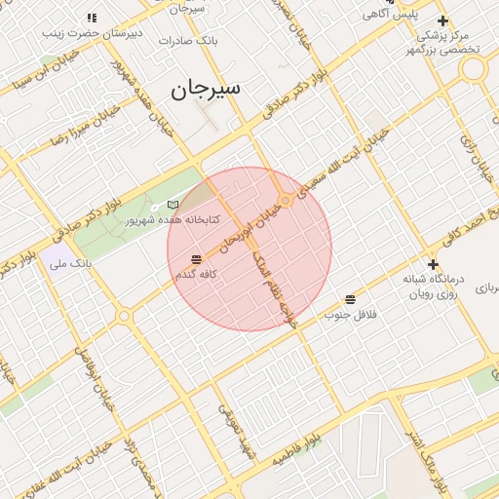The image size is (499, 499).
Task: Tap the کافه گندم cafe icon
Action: coord(197,259)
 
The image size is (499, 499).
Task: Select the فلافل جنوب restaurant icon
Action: coord(350,298)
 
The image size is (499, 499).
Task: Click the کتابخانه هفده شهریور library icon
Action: coord(173,205)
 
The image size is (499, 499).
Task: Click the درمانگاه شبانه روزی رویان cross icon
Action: coord(433,264)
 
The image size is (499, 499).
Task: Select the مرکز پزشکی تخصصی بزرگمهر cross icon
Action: coord(443,20)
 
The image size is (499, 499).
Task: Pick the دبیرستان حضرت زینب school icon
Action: coord(92,19)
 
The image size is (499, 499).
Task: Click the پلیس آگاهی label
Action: coord(390,15)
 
